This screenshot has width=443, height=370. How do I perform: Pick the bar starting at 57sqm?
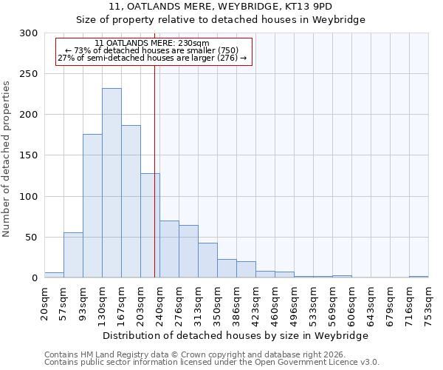73,255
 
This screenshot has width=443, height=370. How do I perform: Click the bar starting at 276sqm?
188,252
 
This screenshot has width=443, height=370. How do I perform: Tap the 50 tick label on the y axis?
32,238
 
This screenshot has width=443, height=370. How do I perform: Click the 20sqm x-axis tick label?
44,303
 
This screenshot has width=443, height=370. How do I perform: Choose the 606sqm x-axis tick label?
351,303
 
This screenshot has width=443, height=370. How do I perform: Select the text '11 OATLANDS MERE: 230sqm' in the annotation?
152,44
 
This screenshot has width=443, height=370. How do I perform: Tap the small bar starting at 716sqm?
419,277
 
